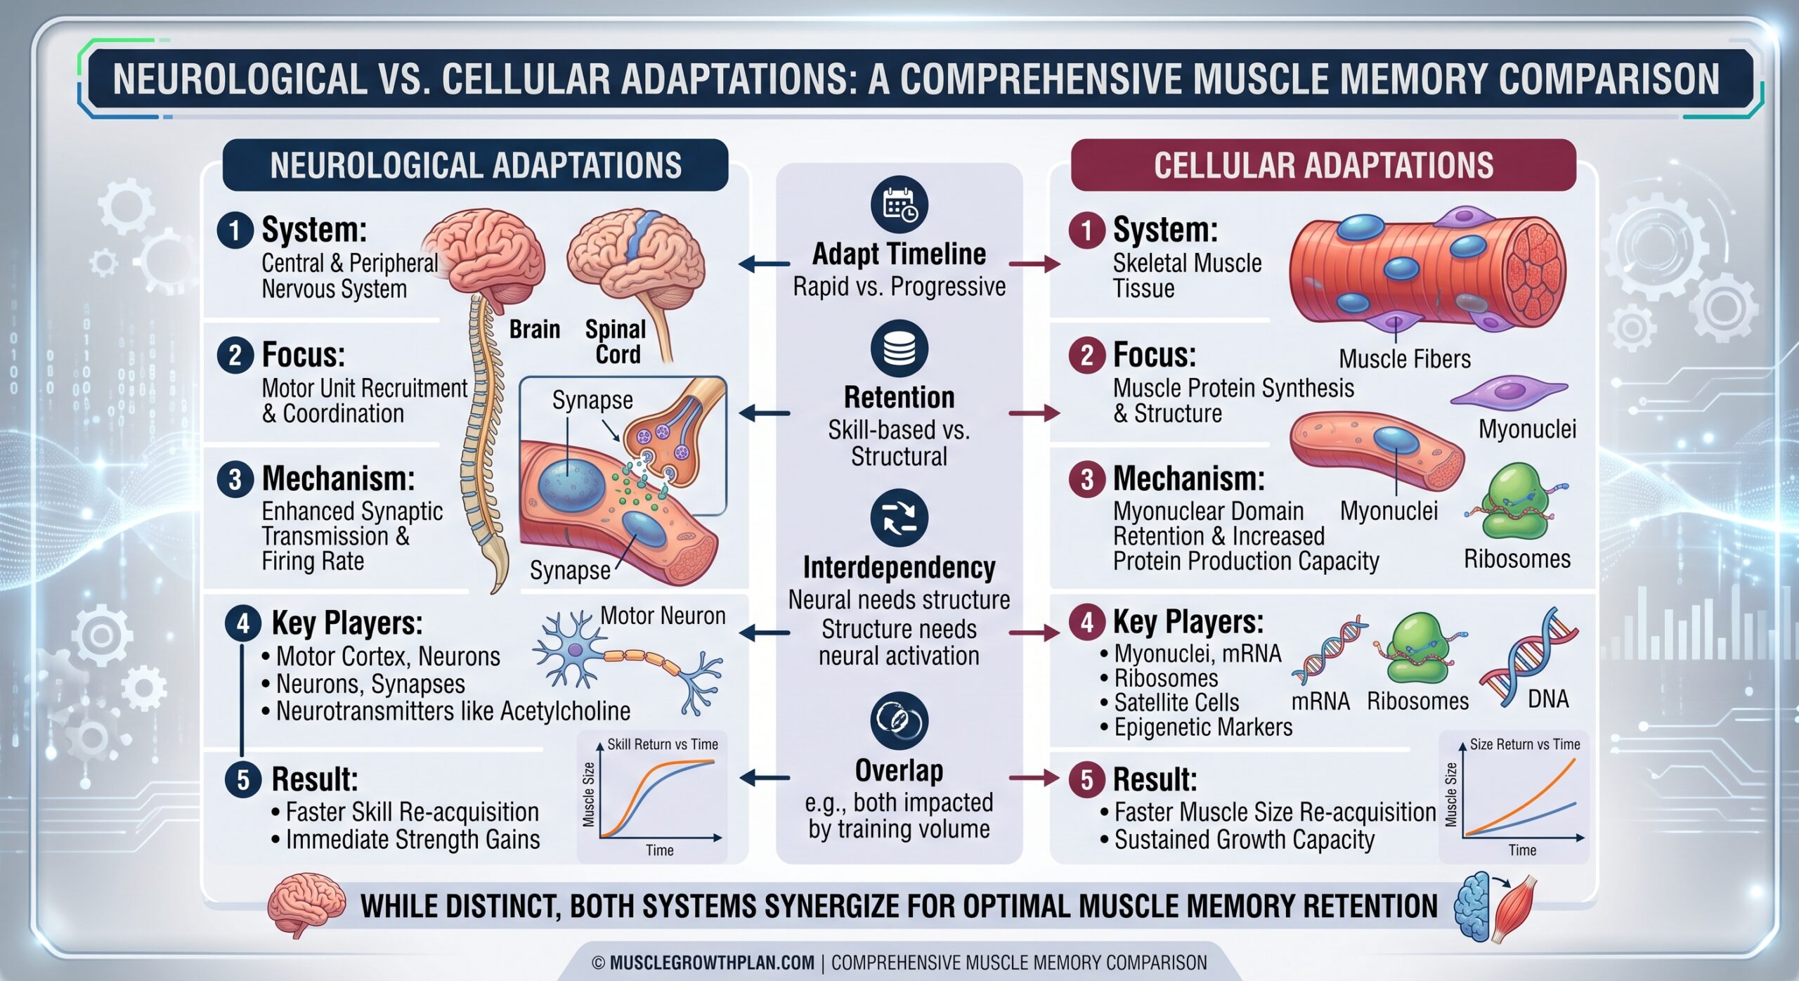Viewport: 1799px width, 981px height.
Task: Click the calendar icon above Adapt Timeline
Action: pyautogui.click(x=899, y=205)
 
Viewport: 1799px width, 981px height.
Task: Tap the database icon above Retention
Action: pyautogui.click(x=899, y=349)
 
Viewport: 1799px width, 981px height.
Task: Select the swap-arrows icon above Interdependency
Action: pyautogui.click(x=899, y=518)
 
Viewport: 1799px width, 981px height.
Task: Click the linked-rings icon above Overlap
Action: pyautogui.click(x=899, y=720)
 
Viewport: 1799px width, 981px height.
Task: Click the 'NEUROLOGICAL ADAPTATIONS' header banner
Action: pyautogui.click(x=475, y=165)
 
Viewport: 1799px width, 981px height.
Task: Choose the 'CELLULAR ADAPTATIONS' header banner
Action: pyautogui.click(x=1323, y=165)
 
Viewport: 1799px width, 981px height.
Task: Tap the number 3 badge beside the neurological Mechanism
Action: pyautogui.click(x=235, y=479)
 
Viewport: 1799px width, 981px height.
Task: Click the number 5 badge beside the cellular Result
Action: pyautogui.click(x=1087, y=779)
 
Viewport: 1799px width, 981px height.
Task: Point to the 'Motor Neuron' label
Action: pyautogui.click(x=663, y=616)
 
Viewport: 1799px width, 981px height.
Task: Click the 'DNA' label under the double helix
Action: pyautogui.click(x=1548, y=699)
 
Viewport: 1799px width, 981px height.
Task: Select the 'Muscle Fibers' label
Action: pyautogui.click(x=1405, y=359)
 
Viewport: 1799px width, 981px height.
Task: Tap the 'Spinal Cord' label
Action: pyautogui.click(x=616, y=342)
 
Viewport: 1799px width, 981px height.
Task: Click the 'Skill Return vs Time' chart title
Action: pyautogui.click(x=663, y=744)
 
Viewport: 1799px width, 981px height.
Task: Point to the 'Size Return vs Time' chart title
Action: pyautogui.click(x=1525, y=744)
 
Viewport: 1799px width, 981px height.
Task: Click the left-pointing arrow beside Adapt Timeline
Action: pyautogui.click(x=765, y=264)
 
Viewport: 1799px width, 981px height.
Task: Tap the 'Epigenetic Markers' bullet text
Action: pyautogui.click(x=1203, y=727)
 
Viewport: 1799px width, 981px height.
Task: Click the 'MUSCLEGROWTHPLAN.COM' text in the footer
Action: pyautogui.click(x=712, y=963)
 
